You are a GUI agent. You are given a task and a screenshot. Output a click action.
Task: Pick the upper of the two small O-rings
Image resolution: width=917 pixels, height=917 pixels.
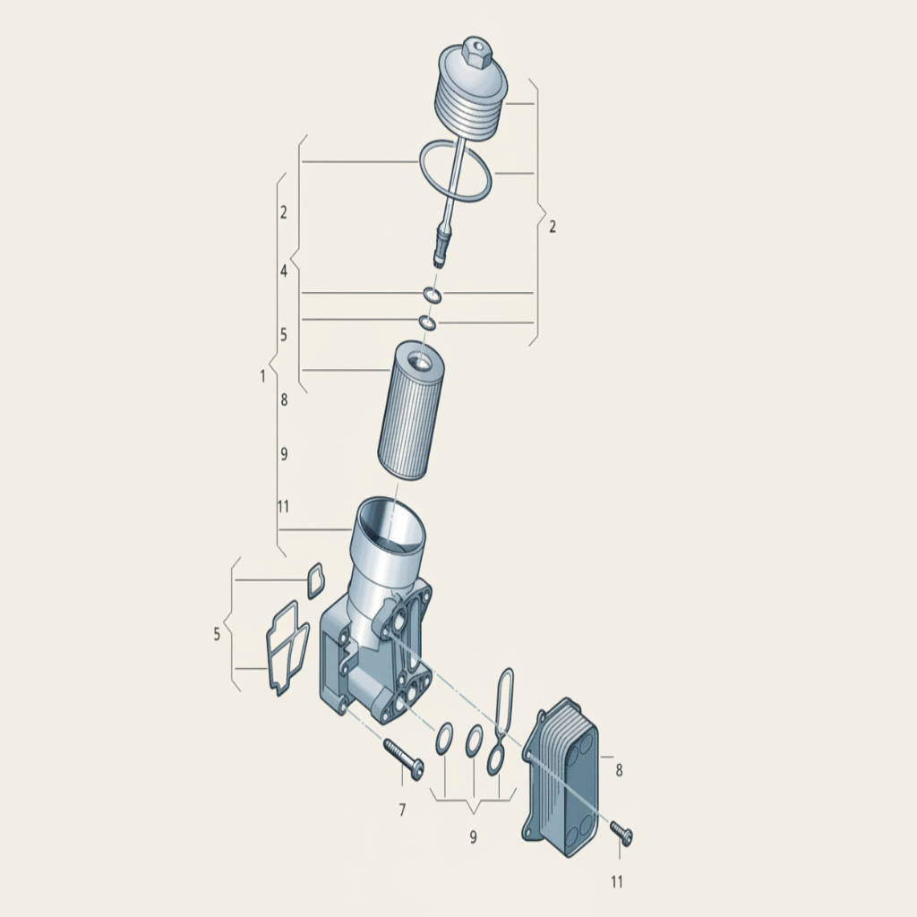[433, 296]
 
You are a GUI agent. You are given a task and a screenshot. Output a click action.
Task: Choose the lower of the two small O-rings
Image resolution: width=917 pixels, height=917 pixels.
[427, 322]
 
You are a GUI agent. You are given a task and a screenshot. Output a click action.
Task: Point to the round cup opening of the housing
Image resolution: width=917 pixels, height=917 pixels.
[390, 523]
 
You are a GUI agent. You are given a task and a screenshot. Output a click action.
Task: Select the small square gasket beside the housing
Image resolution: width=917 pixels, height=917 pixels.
[314, 580]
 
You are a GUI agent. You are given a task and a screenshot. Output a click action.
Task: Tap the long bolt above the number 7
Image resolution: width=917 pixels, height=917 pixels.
[404, 759]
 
